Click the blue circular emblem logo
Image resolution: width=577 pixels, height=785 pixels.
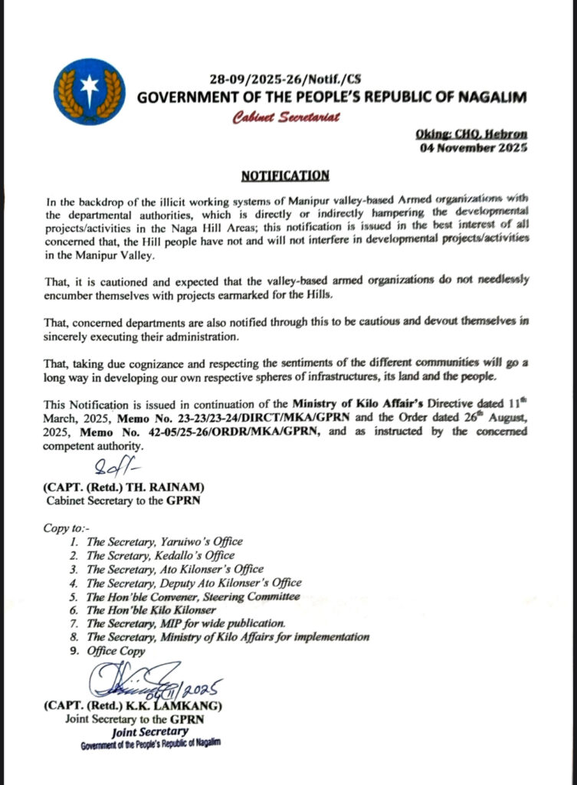pos(90,91)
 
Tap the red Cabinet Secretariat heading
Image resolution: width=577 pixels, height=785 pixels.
pos(287,117)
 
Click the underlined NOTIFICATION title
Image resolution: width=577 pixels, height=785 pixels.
pos(285,176)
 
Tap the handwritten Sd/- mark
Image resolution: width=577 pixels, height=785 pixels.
pos(113,466)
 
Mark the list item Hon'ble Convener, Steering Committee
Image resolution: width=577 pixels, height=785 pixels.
pos(192,596)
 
